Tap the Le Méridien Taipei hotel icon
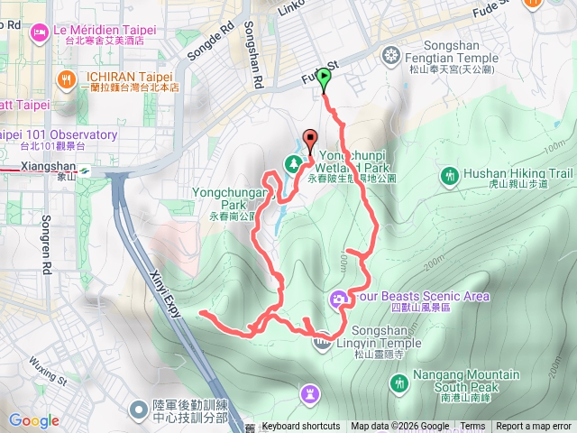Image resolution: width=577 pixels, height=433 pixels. pos(40,33)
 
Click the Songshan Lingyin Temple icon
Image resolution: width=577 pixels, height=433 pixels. pos(324,342)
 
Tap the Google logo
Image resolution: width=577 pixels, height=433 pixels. pos(34,420)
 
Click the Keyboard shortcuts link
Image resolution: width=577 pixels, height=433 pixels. pos(301,427)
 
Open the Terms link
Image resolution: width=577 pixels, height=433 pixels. pos(472,427)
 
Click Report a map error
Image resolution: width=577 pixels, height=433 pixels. pos(534,427)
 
